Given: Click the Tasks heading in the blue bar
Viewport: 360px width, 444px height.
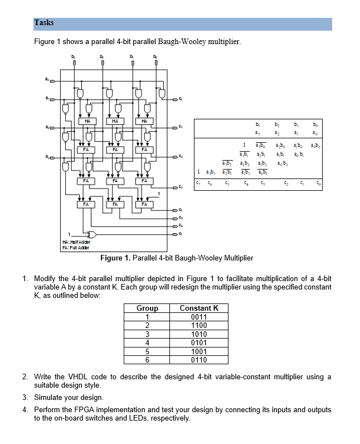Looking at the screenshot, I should [x=44, y=23].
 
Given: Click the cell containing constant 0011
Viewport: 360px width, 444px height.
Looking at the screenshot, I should [x=198, y=317].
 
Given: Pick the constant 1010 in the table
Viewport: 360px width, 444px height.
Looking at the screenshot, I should [x=198, y=334].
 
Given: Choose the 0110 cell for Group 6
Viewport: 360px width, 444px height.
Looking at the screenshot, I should [x=198, y=360].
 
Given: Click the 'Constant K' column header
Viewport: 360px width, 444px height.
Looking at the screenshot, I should [x=198, y=308].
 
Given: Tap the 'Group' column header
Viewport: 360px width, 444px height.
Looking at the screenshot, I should [x=147, y=308].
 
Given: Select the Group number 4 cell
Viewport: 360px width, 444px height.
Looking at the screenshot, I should [x=147, y=343].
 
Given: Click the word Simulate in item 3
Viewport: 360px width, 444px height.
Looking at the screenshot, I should [x=49, y=397].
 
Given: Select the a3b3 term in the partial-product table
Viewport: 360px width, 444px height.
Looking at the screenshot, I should [x=212, y=171].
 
